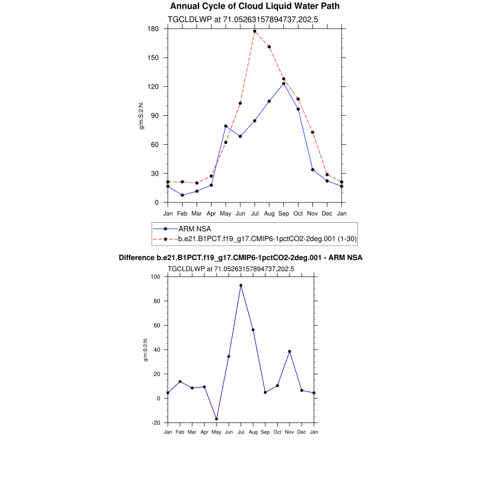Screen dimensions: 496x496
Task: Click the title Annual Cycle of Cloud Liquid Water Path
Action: point(255,6)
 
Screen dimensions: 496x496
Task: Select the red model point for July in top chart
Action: point(255,31)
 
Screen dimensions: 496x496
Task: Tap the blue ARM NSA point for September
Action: point(284,84)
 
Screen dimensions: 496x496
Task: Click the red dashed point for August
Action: point(269,47)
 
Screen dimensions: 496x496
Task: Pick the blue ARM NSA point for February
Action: point(182,195)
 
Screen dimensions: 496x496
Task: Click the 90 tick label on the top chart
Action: point(155,116)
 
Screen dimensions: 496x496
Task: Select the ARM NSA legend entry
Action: point(195,229)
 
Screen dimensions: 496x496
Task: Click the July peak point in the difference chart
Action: point(241,285)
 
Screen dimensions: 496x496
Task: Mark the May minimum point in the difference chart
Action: point(217,419)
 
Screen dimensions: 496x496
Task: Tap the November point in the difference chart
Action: point(290,351)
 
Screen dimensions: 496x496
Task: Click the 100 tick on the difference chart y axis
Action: point(155,277)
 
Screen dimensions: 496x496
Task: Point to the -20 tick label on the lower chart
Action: point(155,423)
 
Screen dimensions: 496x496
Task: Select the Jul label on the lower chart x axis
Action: point(241,432)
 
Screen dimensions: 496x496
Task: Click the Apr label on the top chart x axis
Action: point(211,213)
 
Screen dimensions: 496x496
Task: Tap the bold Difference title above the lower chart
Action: point(240,258)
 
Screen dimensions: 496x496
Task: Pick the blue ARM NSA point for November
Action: point(313,170)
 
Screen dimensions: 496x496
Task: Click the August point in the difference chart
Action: point(253,330)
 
